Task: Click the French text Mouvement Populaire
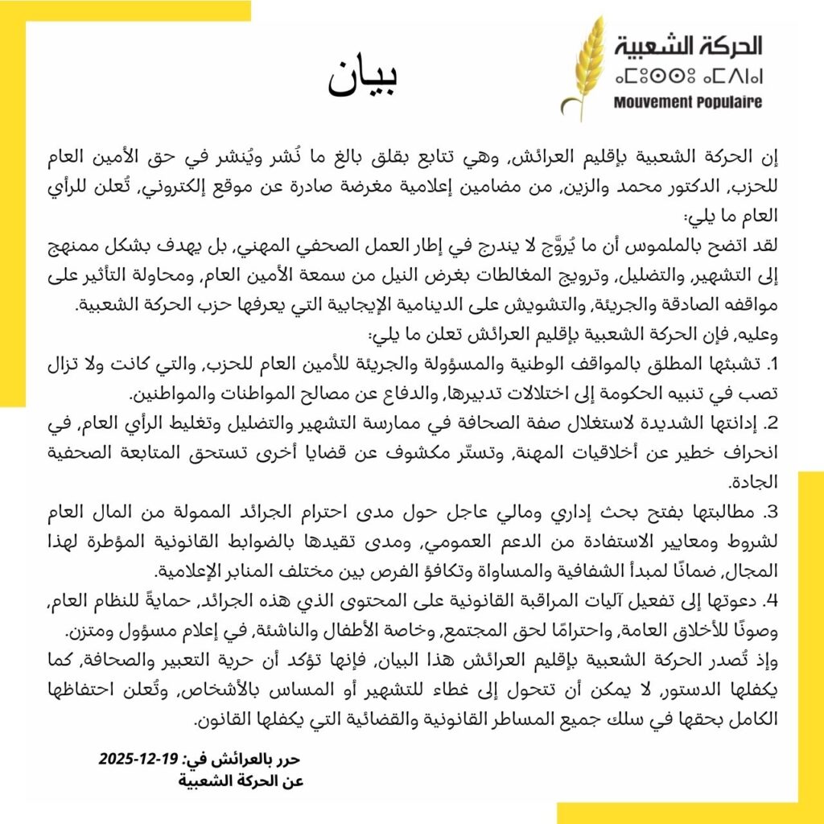687,102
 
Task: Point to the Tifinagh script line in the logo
687,77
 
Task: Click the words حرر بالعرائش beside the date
254,759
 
